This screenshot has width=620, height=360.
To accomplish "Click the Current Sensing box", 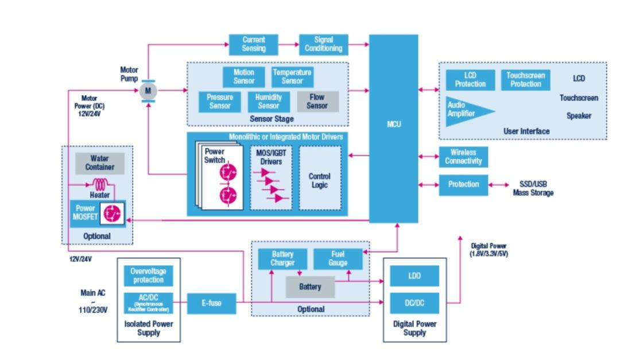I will click(x=254, y=45).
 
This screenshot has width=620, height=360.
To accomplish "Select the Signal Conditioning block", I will click(x=323, y=45).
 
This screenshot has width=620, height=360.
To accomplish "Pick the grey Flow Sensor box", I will click(x=317, y=102).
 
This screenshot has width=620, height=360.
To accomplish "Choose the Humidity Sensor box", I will click(x=269, y=102).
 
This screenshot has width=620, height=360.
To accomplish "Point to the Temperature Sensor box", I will click(x=292, y=76).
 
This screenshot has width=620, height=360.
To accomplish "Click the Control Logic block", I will click(x=320, y=180).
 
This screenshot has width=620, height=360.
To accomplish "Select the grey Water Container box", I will click(x=99, y=163).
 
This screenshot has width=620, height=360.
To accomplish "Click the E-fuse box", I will click(x=212, y=303).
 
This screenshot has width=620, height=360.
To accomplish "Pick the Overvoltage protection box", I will click(x=149, y=276).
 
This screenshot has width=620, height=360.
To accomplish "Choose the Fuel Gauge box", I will click(x=338, y=259).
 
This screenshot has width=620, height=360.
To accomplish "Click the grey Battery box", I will click(x=310, y=287).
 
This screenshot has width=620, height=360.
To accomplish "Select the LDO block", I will click(x=414, y=276).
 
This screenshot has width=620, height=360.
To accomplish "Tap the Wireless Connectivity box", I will click(x=463, y=157).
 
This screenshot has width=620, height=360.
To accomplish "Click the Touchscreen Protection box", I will click(x=525, y=80).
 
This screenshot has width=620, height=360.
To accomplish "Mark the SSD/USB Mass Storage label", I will click(x=533, y=189).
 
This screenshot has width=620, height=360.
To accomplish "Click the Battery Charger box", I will click(x=282, y=259).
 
